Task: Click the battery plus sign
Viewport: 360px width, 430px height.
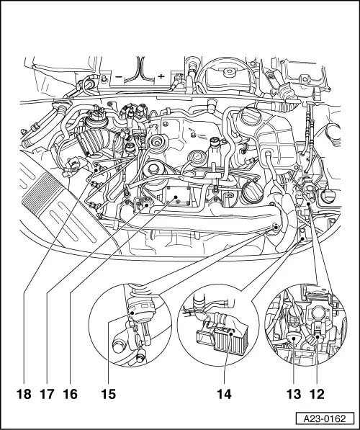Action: click(x=161, y=76)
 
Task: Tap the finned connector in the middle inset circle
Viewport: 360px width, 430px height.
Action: click(x=222, y=339)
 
